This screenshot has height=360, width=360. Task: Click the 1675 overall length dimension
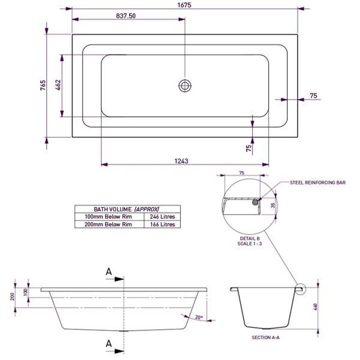coord(185,5)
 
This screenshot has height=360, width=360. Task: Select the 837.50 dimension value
coord(126,15)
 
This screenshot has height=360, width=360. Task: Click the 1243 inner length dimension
coord(181,161)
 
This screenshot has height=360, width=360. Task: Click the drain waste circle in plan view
coord(185,86)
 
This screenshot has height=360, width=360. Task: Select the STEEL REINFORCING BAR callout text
coord(317,183)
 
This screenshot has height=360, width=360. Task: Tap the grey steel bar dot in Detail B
coord(256,202)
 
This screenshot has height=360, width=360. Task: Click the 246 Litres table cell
coord(162,217)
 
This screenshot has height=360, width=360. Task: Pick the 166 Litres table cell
coord(162,224)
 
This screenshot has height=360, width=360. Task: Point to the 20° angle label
coord(199,318)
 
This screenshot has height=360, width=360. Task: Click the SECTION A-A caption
coord(266,338)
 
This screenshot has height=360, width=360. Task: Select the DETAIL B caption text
coord(250,239)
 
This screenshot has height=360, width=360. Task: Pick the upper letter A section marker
coord(109,272)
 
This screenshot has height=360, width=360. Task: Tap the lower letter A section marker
coord(109,343)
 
